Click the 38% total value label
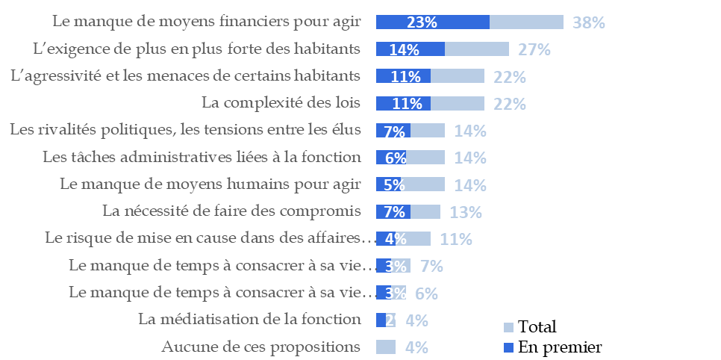[588, 22]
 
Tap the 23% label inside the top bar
[422, 22]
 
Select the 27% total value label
[534, 50]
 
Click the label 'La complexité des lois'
[281, 103]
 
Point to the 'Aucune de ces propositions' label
[261, 347]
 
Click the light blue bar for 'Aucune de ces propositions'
[385, 347]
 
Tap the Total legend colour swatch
[508, 327]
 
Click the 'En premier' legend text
[560, 347]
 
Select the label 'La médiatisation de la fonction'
[249, 320]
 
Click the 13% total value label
[466, 212]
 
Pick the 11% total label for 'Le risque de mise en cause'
[456, 239]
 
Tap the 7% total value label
[431, 266]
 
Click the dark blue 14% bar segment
[410, 49]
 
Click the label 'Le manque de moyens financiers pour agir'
[208, 22]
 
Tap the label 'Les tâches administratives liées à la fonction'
[202, 158]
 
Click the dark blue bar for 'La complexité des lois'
[403, 103]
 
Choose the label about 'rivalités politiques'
[185, 130]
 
